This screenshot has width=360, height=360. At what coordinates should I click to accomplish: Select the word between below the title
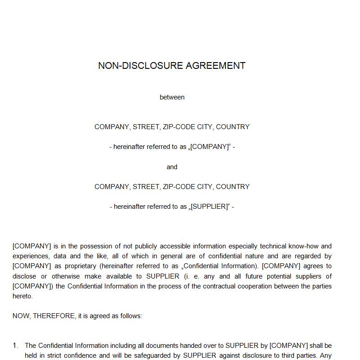172,97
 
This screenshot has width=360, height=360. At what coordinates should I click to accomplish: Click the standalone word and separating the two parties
172,167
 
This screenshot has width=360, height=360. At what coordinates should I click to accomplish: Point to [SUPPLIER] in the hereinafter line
210,207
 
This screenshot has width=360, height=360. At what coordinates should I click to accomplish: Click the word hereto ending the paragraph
22,296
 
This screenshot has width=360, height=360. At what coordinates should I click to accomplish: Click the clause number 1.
15,346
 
